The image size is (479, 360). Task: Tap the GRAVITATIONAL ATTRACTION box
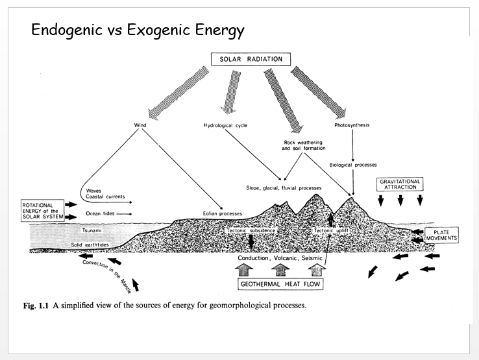pos(400,184)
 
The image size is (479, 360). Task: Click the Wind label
pos(140,125)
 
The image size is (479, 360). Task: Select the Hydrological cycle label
pos(225,125)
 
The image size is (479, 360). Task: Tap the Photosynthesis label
pos(352,125)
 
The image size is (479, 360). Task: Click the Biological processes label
pos(353,165)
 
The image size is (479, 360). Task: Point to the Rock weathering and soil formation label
pos(302,145)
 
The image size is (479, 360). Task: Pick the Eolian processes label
pos(221,213)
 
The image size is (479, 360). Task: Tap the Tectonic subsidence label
pos(251,231)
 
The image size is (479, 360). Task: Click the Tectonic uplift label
pos(332,231)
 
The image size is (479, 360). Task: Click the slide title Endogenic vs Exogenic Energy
pos(138,30)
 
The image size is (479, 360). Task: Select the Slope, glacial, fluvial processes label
pos(284,188)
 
